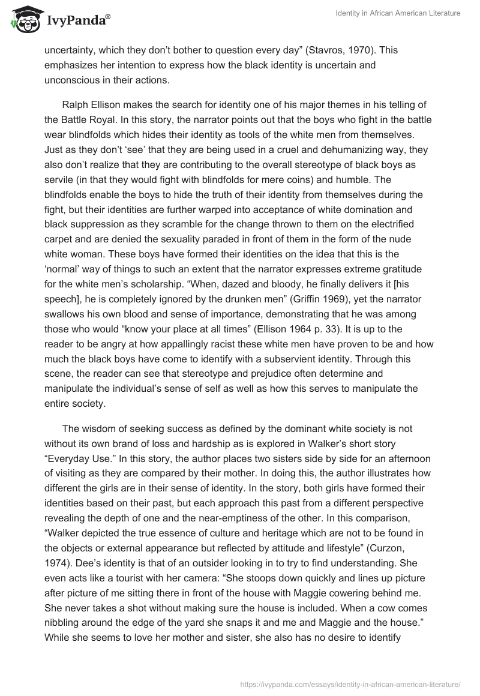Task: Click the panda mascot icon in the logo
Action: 23,20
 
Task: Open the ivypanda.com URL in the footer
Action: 350,683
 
